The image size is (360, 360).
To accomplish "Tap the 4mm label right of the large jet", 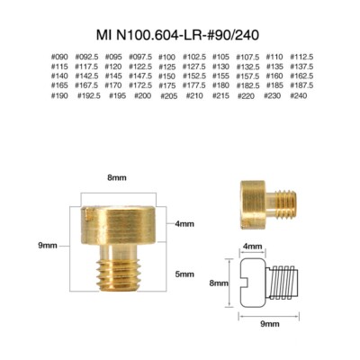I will [184, 223].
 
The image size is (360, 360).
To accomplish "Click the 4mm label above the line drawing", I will [254, 244].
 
